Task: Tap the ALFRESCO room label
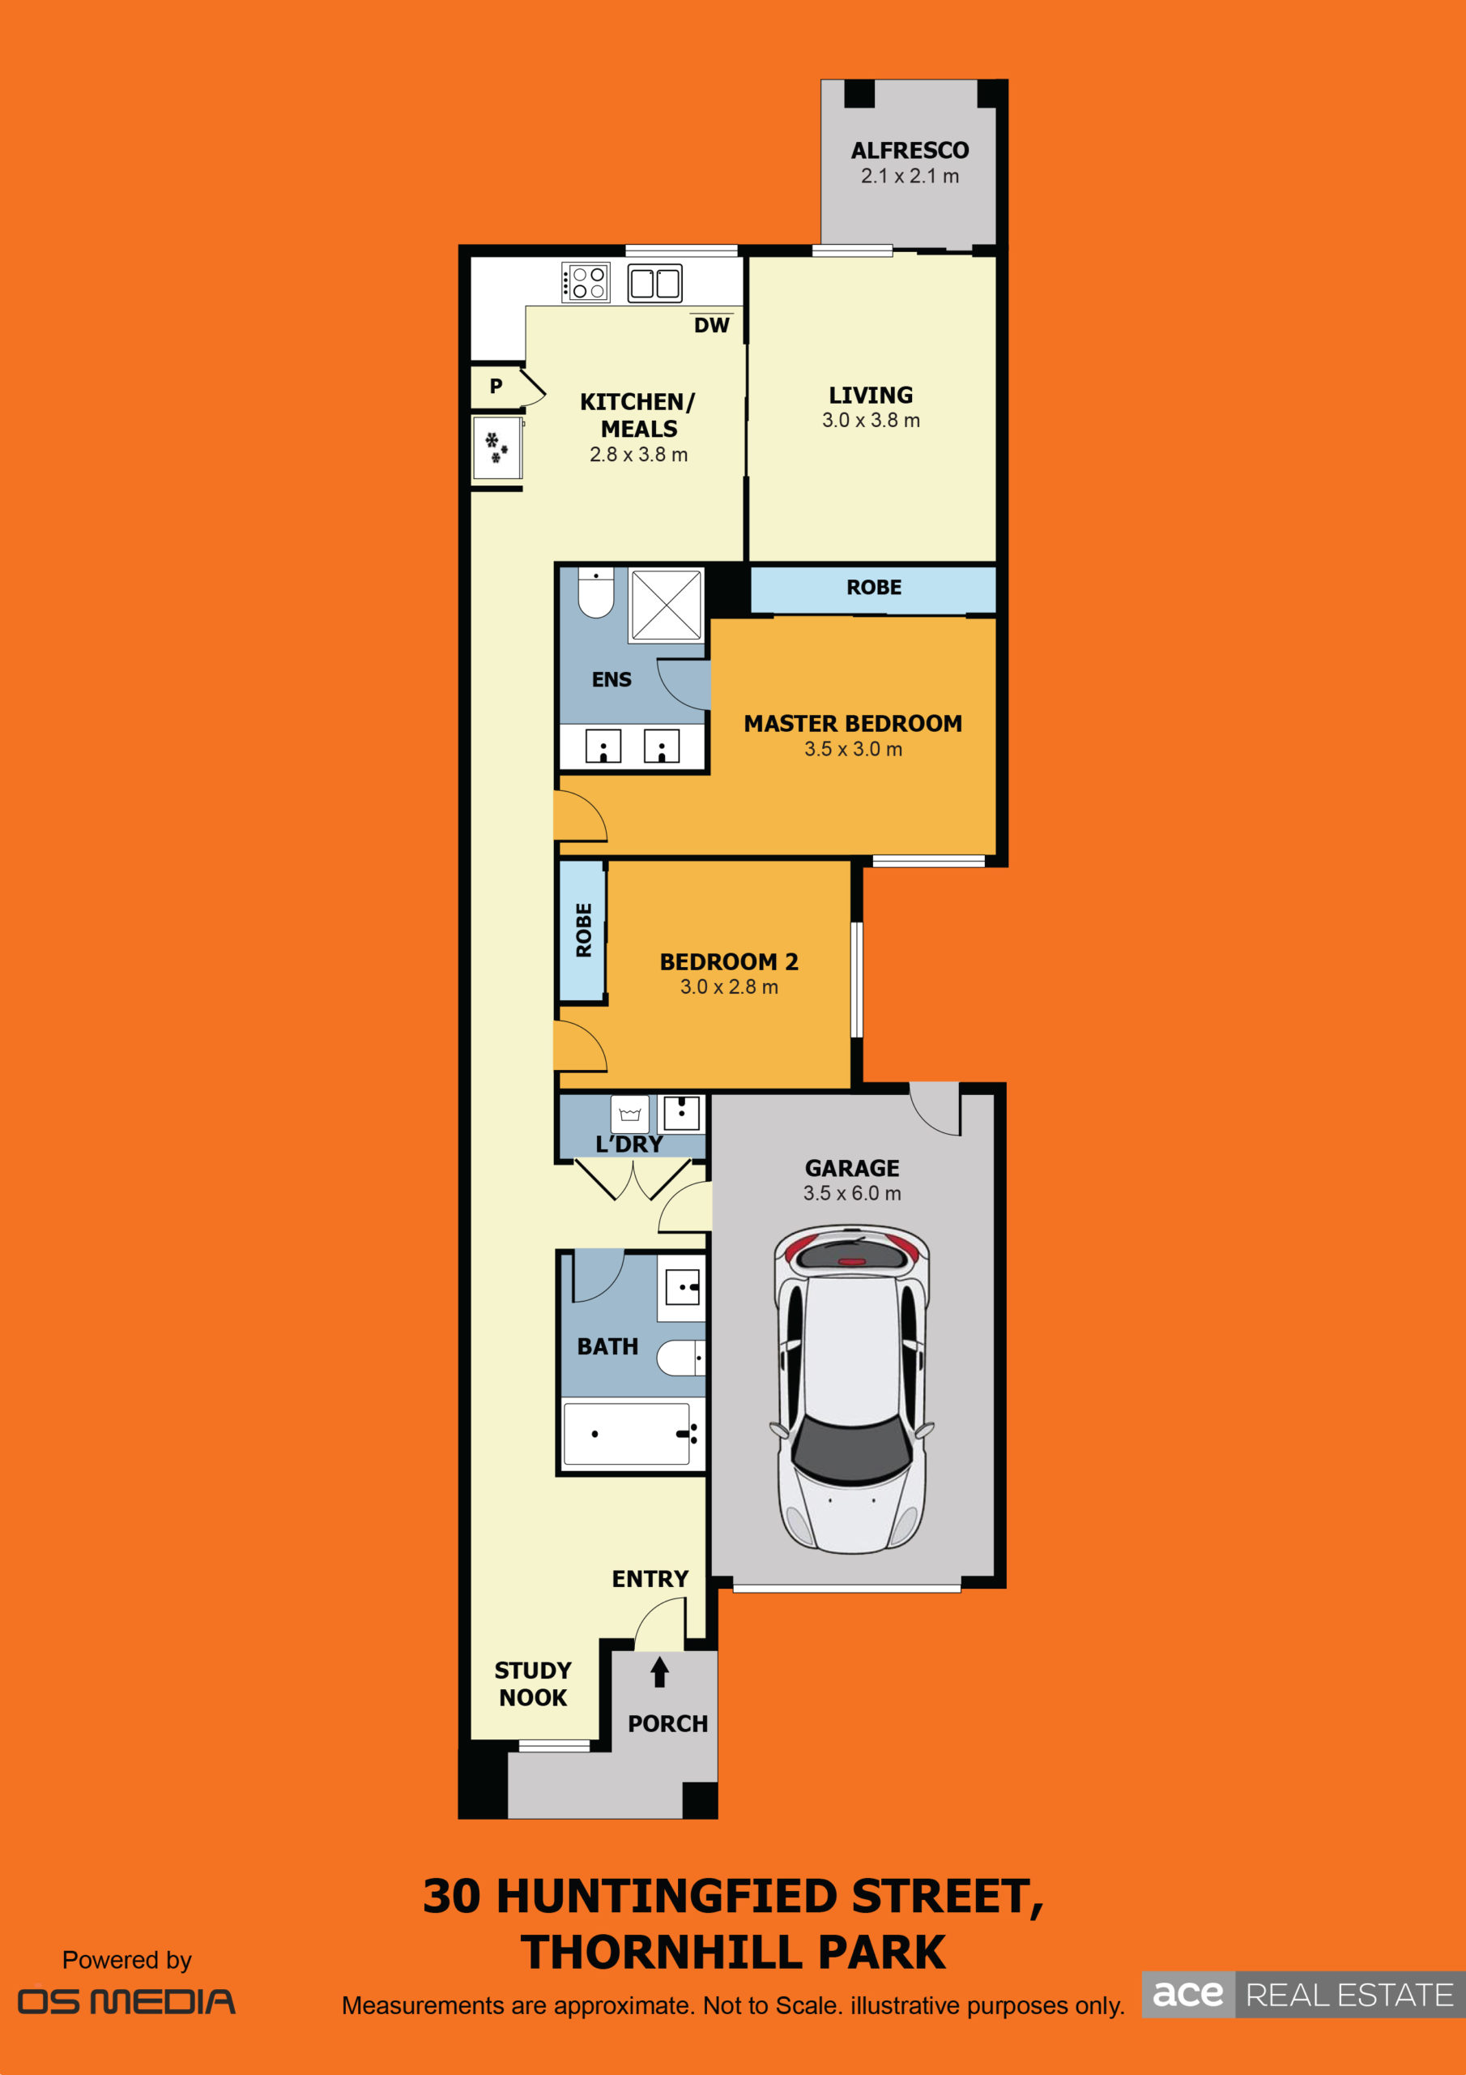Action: (x=910, y=150)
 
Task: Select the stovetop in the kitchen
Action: (x=586, y=282)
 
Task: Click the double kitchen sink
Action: (x=655, y=283)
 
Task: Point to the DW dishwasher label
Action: (x=712, y=325)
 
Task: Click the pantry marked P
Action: (x=496, y=387)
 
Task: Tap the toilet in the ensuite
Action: (x=596, y=592)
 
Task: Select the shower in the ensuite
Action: (x=667, y=605)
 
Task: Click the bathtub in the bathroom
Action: (x=627, y=1433)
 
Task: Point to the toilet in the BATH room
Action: (x=680, y=1358)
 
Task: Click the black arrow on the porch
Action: (x=659, y=1671)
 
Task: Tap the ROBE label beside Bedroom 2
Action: (x=583, y=930)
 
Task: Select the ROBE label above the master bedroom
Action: (x=873, y=588)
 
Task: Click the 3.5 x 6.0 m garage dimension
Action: (x=852, y=1193)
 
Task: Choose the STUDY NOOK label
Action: (x=533, y=1684)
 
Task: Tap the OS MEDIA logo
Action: (x=126, y=2001)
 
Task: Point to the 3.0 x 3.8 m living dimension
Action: (x=871, y=420)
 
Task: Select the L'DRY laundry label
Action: (x=629, y=1144)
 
